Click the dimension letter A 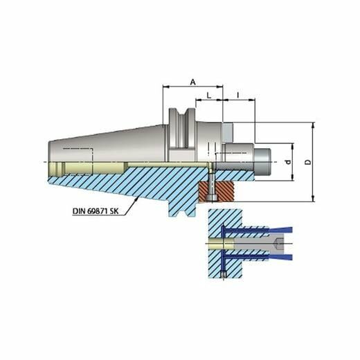[193, 82]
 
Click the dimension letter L [208, 96]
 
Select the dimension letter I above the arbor [238, 94]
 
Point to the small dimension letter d [288, 162]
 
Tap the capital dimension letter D [308, 162]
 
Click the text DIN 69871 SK [96, 211]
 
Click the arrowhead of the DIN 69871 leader [137, 199]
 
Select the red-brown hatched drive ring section [216, 191]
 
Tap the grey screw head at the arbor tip [262, 162]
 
